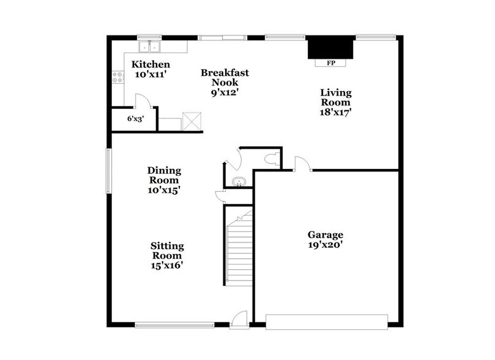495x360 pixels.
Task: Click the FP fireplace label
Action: click(330, 63)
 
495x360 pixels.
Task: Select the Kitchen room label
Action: click(151, 64)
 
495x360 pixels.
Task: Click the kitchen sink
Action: click(149, 47)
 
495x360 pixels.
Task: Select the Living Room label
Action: click(336, 97)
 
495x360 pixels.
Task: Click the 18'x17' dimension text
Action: click(336, 112)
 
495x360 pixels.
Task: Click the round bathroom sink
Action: click(238, 181)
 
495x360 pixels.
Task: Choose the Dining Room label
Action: click(164, 175)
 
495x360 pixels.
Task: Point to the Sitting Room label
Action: click(167, 250)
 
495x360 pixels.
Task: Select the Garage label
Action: click(325, 234)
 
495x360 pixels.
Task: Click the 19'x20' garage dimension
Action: click(325, 245)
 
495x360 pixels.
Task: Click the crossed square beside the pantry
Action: click(192, 121)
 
